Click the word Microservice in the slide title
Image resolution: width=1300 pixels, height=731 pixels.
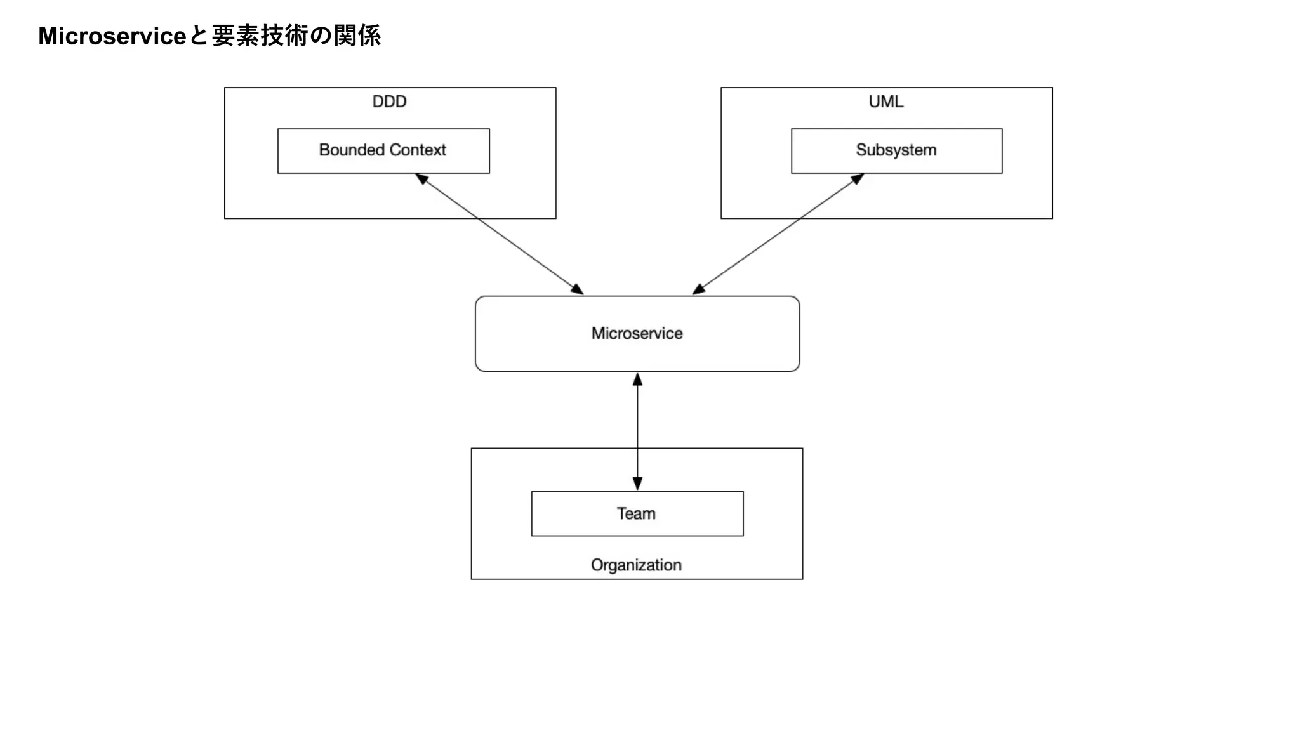[112, 36]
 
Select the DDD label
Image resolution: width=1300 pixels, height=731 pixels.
[389, 102]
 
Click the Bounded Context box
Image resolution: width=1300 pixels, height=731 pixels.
[383, 151]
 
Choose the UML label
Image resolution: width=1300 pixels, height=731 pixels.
[885, 102]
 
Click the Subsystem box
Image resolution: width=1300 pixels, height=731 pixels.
[896, 151]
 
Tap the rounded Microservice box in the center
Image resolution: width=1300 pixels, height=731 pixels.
[637, 334]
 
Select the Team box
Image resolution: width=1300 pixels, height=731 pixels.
[637, 513]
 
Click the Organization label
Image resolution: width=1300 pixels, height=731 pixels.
[636, 565]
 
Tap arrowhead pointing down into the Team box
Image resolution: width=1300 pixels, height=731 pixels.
[637, 484]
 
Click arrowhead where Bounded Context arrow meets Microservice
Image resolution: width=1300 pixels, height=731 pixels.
[577, 289]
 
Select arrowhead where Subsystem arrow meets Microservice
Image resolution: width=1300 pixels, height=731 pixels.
[698, 289]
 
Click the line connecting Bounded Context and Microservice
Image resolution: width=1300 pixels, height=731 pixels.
[500, 234]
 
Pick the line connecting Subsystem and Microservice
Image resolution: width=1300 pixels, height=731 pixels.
[778, 234]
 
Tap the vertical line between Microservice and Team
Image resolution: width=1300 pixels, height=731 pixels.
[637, 431]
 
